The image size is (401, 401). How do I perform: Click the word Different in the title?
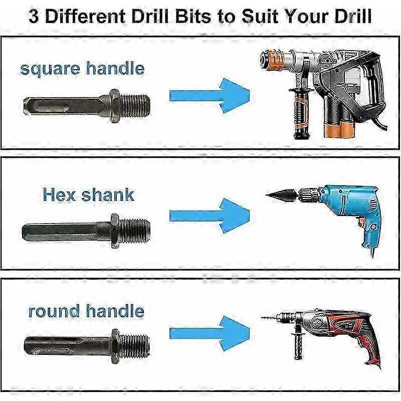(x=85, y=16)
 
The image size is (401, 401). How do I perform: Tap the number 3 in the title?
(x=33, y=17)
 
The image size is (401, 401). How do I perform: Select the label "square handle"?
(x=82, y=69)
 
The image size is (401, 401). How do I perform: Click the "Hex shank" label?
(x=88, y=195)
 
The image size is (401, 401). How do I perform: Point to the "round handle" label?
(x=86, y=311)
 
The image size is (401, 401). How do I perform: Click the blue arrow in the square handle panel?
(x=209, y=96)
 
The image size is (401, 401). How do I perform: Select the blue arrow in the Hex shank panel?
(x=209, y=216)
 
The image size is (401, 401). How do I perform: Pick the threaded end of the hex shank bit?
(x=134, y=231)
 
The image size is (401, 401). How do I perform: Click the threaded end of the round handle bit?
(x=134, y=346)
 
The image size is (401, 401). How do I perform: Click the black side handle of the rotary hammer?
(x=301, y=112)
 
